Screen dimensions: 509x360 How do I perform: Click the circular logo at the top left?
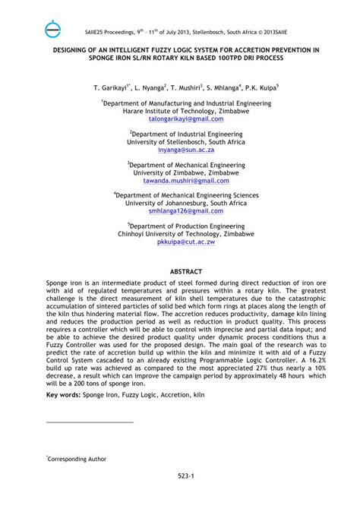54,30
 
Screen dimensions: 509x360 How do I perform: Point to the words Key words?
65,395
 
